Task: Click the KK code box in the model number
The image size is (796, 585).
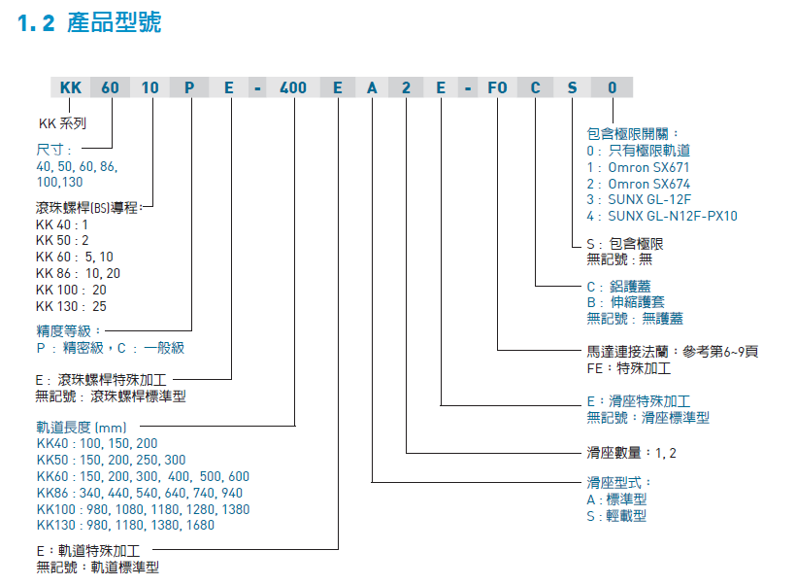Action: (x=71, y=88)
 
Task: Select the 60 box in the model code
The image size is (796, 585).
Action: (x=111, y=88)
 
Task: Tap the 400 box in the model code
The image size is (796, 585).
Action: (x=293, y=88)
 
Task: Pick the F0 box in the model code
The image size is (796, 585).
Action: (x=497, y=88)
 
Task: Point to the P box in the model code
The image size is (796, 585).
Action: (x=190, y=88)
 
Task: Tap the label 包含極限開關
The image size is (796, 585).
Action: (x=632, y=134)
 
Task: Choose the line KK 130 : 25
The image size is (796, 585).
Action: (x=71, y=306)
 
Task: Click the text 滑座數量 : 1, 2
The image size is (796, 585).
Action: (x=631, y=453)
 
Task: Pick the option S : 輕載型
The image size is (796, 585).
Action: (x=616, y=516)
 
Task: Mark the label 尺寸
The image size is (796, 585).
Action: (x=50, y=150)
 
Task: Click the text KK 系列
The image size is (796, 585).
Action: (x=62, y=123)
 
